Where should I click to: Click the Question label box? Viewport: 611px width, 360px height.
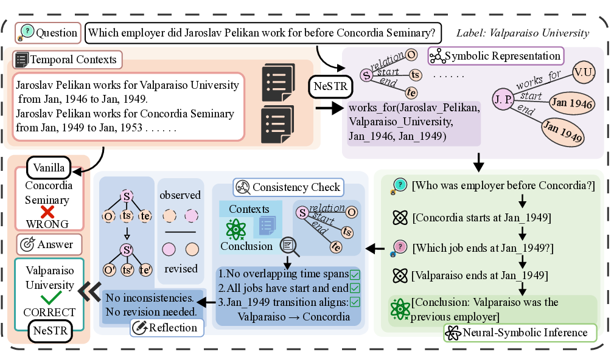47,32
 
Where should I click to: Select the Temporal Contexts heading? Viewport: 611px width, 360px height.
67,60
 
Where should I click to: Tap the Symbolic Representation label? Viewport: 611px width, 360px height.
496,56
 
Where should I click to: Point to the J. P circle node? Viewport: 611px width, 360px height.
503,100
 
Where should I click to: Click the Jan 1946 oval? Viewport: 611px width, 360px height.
571,104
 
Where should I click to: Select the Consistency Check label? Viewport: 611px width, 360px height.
288,187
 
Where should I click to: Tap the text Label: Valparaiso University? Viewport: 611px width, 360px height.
522,33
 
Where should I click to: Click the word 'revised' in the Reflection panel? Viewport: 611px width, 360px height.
180,269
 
